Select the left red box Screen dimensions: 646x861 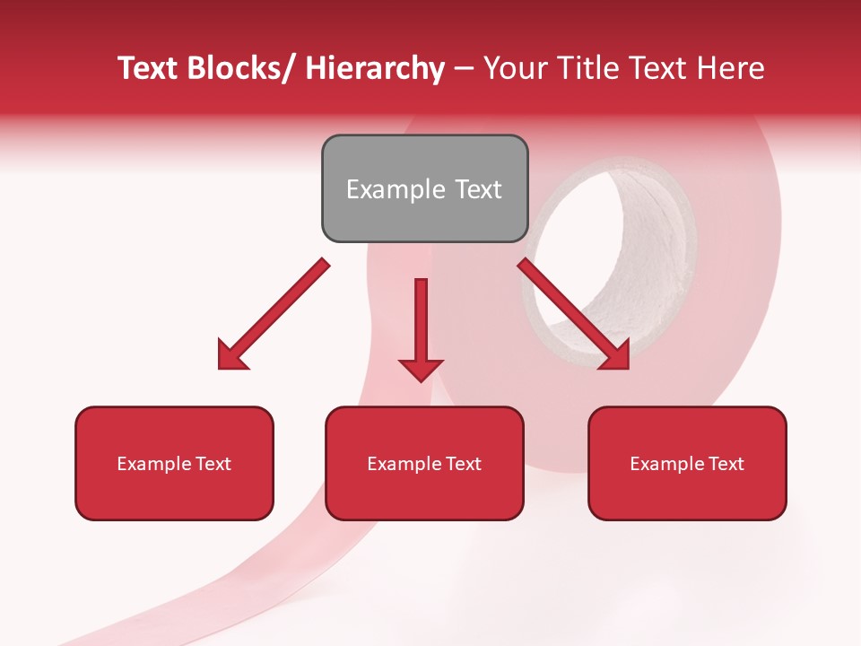[x=174, y=463]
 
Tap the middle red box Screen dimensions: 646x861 [x=424, y=463]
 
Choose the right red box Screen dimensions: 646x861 [x=687, y=463]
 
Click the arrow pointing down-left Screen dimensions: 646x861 [x=274, y=314]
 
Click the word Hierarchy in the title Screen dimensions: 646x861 [x=375, y=68]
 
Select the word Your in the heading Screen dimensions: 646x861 [x=514, y=68]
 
